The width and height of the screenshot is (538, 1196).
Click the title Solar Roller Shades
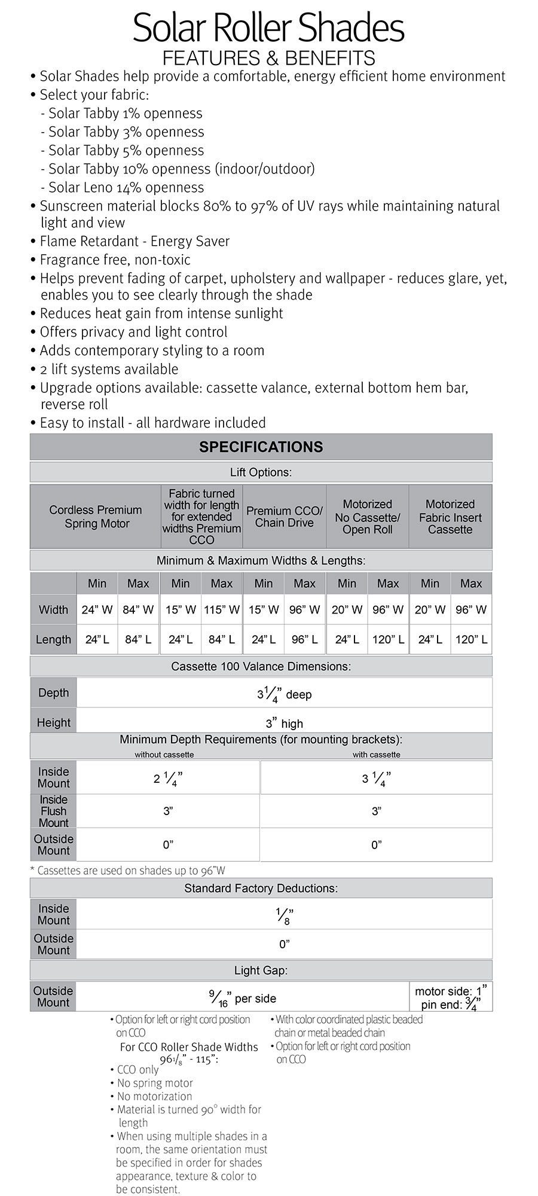click(268, 29)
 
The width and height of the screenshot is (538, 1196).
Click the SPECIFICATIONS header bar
click(261, 447)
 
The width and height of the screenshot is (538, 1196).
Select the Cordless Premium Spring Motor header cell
click(96, 517)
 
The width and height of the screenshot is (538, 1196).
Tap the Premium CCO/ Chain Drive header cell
click(284, 517)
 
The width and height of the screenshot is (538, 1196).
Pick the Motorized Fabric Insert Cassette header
click(450, 517)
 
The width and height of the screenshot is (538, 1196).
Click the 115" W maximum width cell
click(222, 610)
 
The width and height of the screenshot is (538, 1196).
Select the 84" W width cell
click(138, 610)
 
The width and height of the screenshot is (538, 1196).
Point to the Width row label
click(53, 610)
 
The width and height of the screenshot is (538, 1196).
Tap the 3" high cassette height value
click(284, 724)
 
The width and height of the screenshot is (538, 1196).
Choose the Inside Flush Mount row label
click(53, 811)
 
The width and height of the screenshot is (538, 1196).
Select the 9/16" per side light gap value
click(242, 998)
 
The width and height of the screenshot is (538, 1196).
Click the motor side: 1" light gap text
click(451, 991)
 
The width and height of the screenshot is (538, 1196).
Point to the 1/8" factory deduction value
click(284, 916)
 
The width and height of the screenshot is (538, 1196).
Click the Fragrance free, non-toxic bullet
click(115, 260)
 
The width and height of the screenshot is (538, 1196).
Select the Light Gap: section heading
click(261, 971)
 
